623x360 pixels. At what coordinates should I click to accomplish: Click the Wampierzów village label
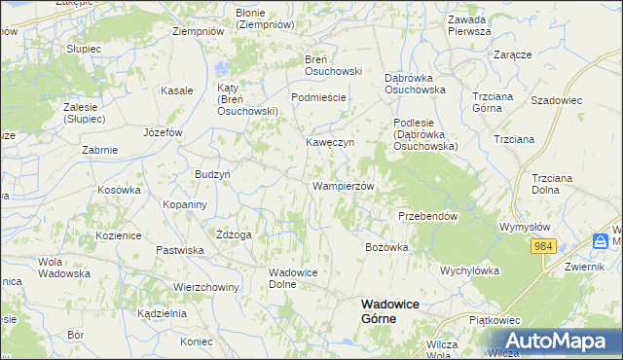coord(343,185)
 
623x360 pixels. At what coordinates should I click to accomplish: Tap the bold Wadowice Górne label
coord(391,310)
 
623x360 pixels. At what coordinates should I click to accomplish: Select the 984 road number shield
coord(543,246)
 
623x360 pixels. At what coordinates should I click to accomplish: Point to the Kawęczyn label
coord(330,142)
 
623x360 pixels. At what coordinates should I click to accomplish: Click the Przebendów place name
coord(427,216)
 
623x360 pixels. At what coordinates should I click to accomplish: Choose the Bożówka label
coord(386,247)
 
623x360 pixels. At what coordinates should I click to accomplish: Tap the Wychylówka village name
coord(469,270)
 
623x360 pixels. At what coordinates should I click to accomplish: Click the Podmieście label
coord(319,97)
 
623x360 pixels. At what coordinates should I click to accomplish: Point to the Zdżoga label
coord(235,234)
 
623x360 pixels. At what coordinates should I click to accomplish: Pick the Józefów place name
coord(163,131)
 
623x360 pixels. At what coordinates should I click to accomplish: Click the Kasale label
coord(176,90)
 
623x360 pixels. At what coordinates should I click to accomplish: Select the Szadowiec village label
coord(556,100)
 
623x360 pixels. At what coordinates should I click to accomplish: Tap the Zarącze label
coord(512,54)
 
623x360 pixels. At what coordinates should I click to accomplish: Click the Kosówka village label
coord(120,190)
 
